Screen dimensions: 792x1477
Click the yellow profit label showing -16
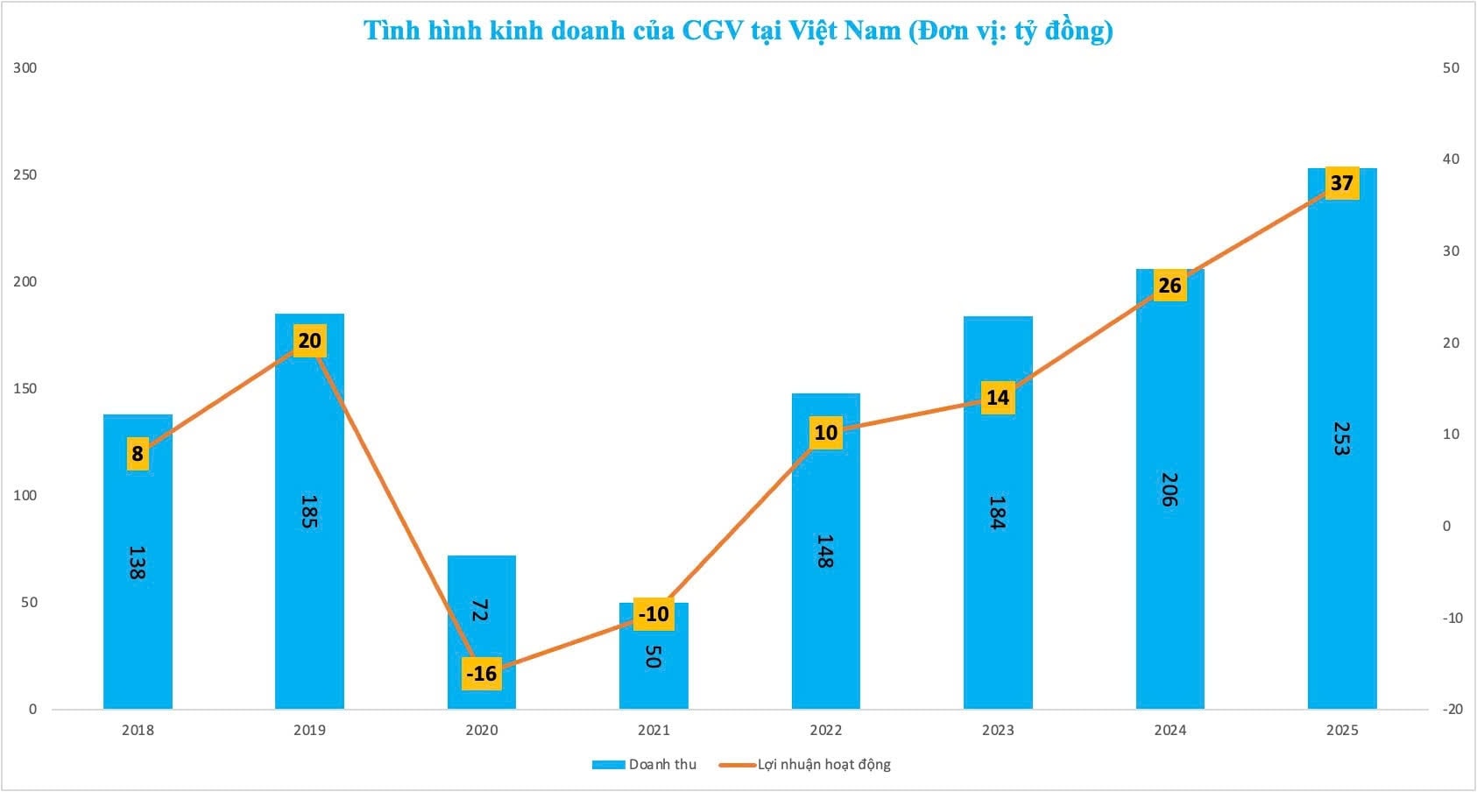point(481,674)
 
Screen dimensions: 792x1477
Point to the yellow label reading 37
point(1341,183)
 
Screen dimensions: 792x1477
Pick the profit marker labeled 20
point(309,341)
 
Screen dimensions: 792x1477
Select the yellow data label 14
point(998,398)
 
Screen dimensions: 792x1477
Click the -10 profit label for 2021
point(654,614)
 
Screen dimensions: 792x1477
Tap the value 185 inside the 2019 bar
point(308,512)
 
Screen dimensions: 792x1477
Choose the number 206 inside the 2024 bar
point(1170,489)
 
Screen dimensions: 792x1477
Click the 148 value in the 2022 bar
point(825,551)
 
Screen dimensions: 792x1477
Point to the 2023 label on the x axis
point(998,731)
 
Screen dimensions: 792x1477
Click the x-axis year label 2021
point(654,731)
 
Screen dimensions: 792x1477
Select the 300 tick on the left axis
point(25,68)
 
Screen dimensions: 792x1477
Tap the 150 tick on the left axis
point(25,389)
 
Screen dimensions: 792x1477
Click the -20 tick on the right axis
point(1452,710)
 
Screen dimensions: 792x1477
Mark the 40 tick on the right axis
point(1452,159)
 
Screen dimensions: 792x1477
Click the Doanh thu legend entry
point(646,765)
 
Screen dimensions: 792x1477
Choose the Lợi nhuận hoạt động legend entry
point(806,765)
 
